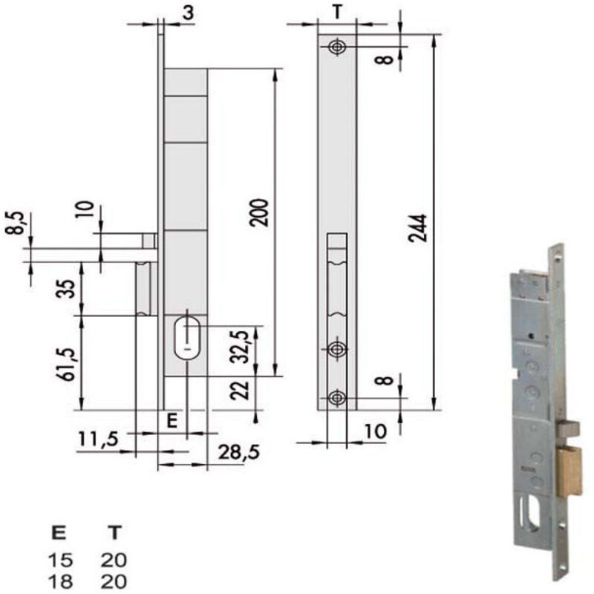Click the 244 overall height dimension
[x=417, y=228]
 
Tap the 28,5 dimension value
[x=239, y=452]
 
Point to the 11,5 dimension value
[x=99, y=439]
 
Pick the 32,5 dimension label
[x=241, y=347]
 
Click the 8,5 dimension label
[x=16, y=223]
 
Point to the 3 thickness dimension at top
[x=188, y=13]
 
